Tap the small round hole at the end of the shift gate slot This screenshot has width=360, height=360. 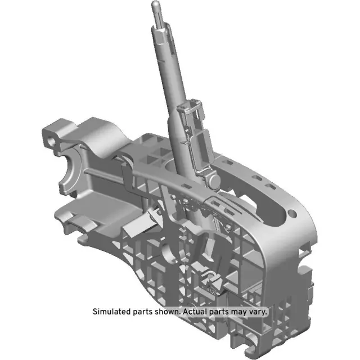coord(291,214)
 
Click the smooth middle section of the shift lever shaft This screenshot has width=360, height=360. coord(171,84)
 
